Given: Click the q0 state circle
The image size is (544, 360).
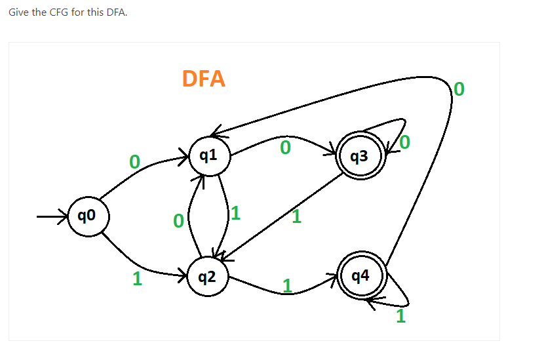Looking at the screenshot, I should point(86,215).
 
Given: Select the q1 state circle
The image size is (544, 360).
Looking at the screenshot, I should point(208,155).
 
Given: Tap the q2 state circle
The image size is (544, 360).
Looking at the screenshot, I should point(207,277).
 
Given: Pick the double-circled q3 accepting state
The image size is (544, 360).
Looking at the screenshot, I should point(359,156).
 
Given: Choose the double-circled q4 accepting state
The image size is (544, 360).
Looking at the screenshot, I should point(360,276).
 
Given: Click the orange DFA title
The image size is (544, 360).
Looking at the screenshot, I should point(203,79).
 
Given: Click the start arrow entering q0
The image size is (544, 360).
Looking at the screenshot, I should point(52,215).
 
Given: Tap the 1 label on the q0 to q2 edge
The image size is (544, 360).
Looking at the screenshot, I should point(137,279).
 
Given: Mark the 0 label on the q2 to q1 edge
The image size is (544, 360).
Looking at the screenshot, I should point(178,222).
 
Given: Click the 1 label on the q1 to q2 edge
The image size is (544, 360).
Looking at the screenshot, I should point(236,212).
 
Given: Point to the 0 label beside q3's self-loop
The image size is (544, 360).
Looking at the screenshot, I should point(405,142).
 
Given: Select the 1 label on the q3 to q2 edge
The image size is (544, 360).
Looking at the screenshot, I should point(296,217).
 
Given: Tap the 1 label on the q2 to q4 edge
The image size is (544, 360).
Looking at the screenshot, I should point(286,285).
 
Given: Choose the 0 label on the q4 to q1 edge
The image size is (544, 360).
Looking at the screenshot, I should point(459,88).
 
